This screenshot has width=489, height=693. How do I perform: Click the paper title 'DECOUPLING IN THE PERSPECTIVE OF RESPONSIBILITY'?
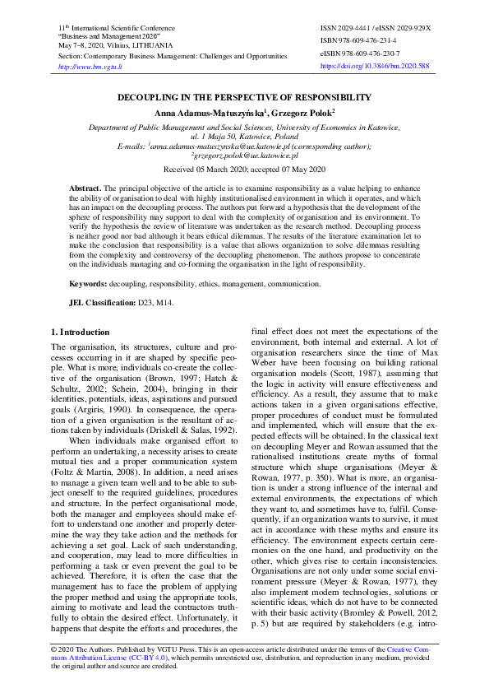(x=244, y=97)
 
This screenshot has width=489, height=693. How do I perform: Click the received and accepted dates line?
(x=244, y=169)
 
